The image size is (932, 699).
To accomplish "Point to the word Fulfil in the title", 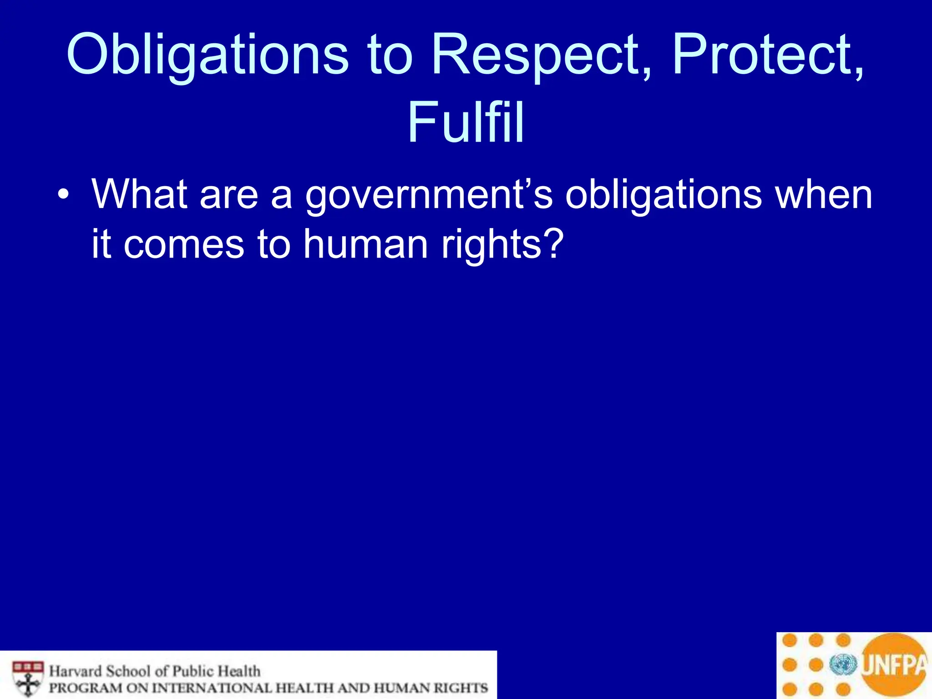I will tap(466, 122).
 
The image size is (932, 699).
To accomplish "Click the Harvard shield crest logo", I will tap(28, 678).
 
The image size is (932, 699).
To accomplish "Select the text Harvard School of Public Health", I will tap(155, 671).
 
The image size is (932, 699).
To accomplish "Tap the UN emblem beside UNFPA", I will tap(843, 665).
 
